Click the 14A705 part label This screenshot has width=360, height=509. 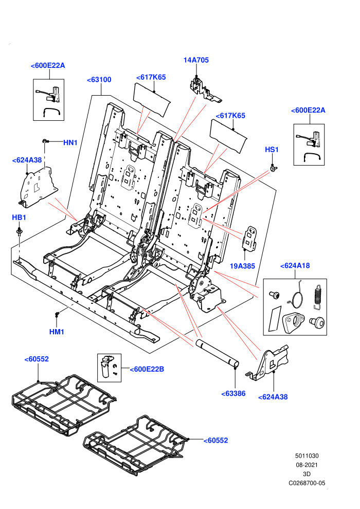pos(196,60)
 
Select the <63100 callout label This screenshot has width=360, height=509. pos(99,80)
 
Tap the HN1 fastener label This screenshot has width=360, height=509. pos(70,142)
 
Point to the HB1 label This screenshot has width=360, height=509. pos(19,217)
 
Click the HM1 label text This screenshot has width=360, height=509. pos(57,332)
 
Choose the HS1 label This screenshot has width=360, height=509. pos(272,150)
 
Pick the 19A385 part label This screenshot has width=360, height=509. pos(243,266)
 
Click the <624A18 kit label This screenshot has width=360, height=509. pos(295,266)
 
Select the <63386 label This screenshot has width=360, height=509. pos(233,394)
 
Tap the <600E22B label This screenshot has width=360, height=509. pos(147,370)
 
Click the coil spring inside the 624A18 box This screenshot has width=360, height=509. pos(318,296)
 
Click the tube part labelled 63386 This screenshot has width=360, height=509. pos(217,354)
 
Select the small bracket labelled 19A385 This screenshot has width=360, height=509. pos(250,239)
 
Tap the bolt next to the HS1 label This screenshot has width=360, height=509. pos(274,169)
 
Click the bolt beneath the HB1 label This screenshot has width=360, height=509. pos(20,232)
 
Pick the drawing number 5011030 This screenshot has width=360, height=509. pos(307,456)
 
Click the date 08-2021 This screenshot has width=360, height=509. pos(307,465)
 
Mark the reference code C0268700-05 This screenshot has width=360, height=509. pos(307,483)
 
